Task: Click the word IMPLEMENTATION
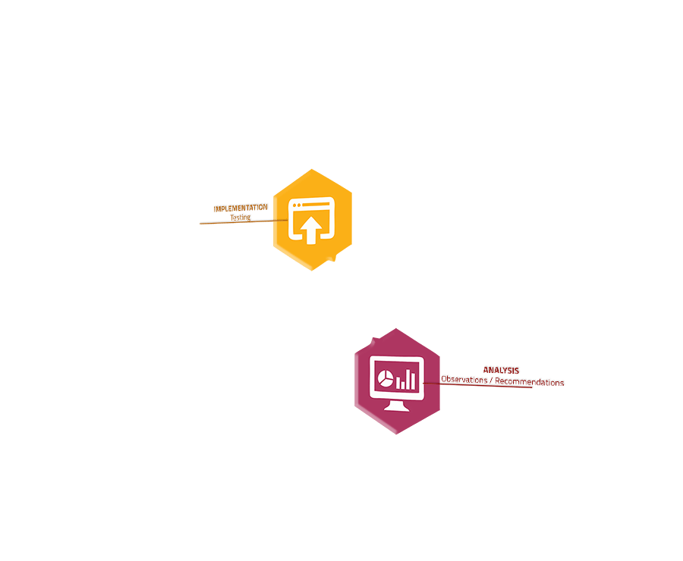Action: click(241, 208)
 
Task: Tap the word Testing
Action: click(241, 217)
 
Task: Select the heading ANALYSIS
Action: click(501, 371)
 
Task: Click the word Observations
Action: click(464, 380)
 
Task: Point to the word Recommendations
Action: click(529, 382)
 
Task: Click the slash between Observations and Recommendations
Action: click(491, 381)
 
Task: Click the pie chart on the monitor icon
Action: click(385, 378)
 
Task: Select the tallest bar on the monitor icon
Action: click(413, 379)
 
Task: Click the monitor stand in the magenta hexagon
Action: click(396, 406)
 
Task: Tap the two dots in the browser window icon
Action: click(297, 205)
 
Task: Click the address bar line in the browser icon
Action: click(316, 204)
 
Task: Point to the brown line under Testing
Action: click(244, 221)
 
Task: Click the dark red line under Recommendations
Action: click(477, 385)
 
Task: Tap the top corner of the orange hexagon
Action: click(311, 169)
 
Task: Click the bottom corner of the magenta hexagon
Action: click(396, 434)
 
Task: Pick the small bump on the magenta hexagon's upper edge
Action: click(373, 340)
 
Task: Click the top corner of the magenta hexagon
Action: click(396, 328)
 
